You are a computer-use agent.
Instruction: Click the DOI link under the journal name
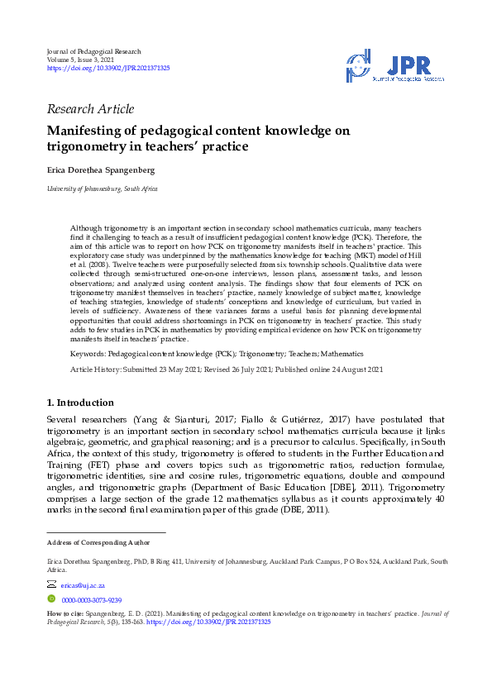[108, 69]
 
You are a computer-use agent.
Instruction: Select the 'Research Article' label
[90, 109]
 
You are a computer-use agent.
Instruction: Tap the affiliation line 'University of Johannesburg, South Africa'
[102, 189]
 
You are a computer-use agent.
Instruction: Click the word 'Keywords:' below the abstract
[88, 353]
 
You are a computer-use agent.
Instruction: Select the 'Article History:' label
[95, 369]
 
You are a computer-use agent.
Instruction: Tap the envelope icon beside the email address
[52, 584]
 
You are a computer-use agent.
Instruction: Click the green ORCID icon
[51, 598]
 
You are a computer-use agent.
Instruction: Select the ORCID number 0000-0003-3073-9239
[92, 599]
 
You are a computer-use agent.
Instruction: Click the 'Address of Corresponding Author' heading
[98, 542]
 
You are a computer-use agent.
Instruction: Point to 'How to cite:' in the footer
[64, 614]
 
